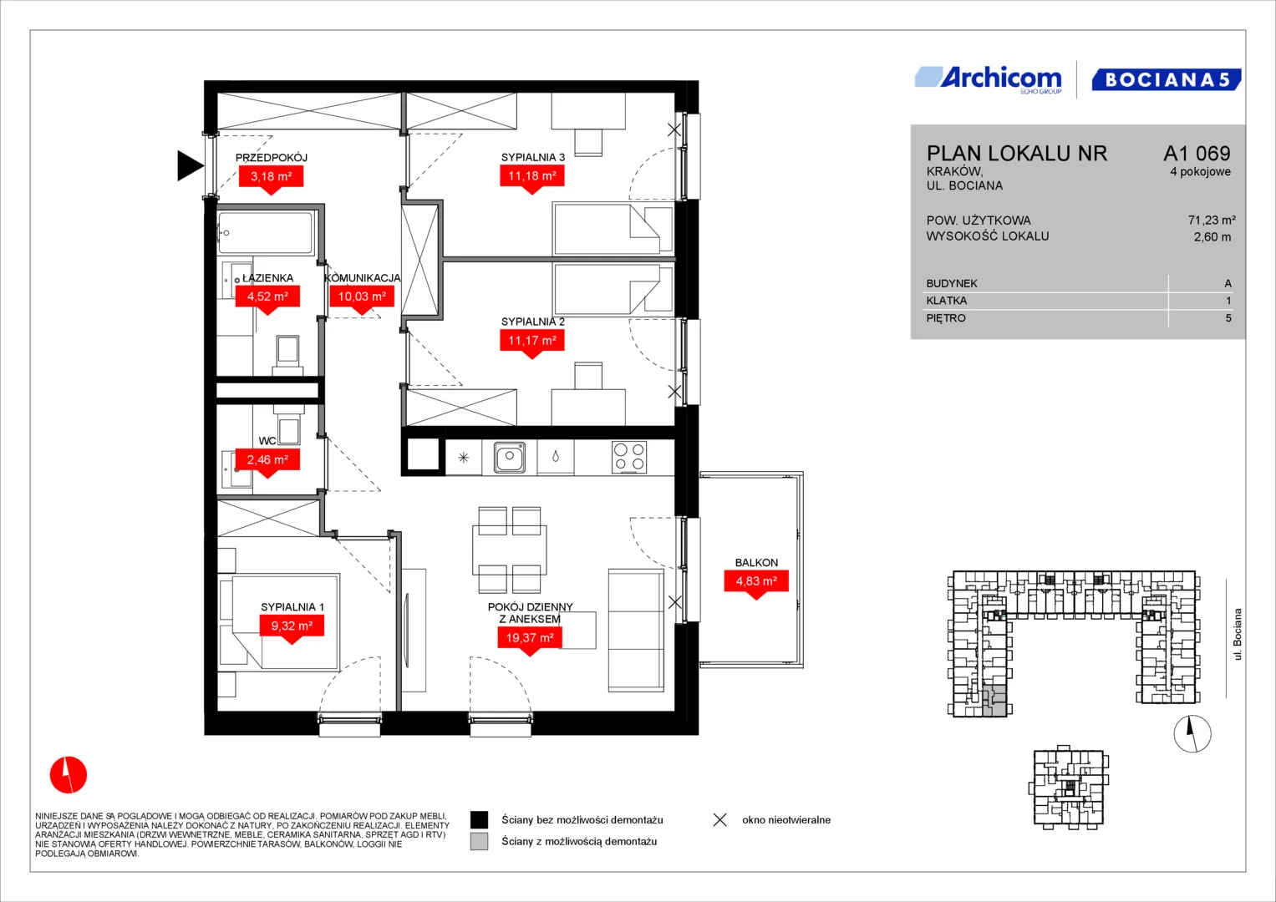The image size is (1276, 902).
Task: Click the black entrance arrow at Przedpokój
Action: (191, 165)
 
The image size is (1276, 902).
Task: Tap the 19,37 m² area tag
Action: (530, 638)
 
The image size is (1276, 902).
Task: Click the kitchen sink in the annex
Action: (509, 458)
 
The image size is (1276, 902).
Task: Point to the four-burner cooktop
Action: (629, 458)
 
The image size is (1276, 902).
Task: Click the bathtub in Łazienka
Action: (266, 232)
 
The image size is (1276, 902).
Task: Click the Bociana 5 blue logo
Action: (1166, 79)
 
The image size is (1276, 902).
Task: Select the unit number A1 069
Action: (1197, 153)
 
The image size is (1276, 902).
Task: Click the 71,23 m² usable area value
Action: (1212, 220)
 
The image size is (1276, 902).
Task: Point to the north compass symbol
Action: (1192, 734)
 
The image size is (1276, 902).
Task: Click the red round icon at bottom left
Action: (69, 774)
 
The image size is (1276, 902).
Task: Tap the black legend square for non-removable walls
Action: (479, 820)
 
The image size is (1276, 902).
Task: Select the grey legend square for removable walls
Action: (479, 842)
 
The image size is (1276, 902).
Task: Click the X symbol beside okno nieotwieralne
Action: (720, 820)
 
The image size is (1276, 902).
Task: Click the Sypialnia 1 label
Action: (292, 607)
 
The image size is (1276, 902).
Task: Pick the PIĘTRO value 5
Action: (1228, 318)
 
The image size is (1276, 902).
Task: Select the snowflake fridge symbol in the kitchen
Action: (463, 458)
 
